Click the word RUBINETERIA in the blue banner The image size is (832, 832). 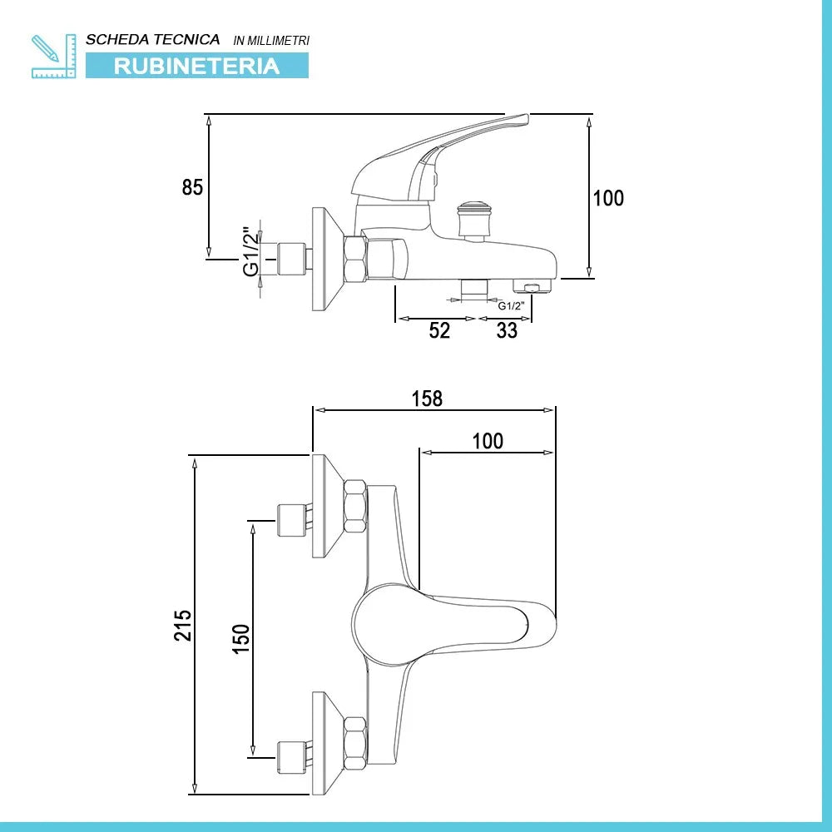[x=197, y=66]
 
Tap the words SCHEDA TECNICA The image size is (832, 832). [x=153, y=39]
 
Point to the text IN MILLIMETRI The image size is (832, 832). [x=272, y=40]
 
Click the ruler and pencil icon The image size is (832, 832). [x=53, y=56]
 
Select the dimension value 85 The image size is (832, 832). [x=192, y=187]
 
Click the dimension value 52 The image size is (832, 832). [x=439, y=330]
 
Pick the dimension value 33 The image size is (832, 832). [x=507, y=330]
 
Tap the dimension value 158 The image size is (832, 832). [x=428, y=399]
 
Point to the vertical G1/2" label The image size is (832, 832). [x=249, y=251]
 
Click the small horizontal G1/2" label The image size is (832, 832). [x=510, y=305]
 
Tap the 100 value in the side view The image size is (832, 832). [x=608, y=198]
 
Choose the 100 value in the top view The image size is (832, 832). [x=488, y=441]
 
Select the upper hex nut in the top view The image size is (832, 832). [x=355, y=507]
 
